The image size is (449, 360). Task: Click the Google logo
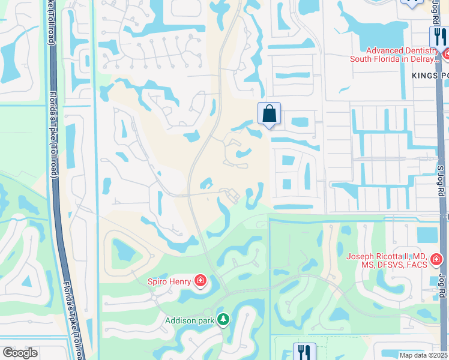pos(20,353)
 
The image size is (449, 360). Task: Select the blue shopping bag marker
pos(270,113)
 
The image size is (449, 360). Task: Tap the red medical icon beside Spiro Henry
pos(200,280)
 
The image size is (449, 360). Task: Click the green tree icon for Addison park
pos(223,320)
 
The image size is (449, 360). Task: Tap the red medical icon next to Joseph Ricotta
pos(436,260)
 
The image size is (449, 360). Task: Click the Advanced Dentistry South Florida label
pos(394,55)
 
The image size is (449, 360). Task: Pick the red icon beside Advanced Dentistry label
pos(445,55)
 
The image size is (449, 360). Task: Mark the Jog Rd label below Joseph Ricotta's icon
pos(442,288)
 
